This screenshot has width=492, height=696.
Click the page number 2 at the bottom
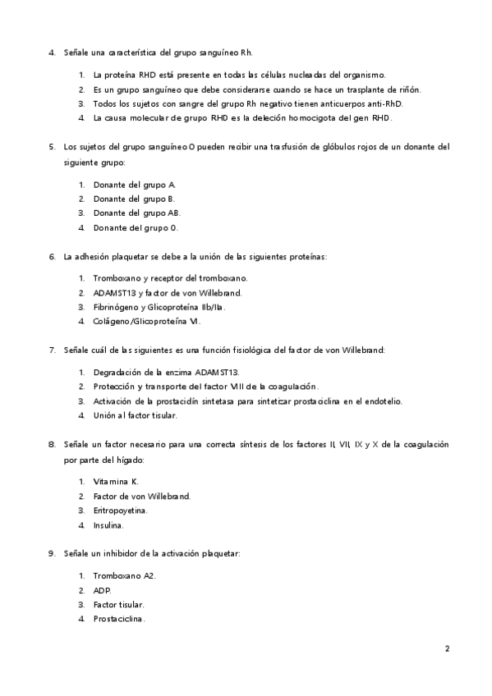click(447, 648)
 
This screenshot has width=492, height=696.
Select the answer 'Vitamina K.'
click(116, 481)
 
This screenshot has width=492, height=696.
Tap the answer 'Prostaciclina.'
click(119, 619)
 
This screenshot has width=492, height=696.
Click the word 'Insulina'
click(108, 525)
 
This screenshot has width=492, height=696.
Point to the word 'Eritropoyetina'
click(120, 511)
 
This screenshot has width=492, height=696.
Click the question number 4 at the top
click(52, 53)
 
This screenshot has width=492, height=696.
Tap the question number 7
click(52, 350)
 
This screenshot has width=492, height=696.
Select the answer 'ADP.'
click(102, 589)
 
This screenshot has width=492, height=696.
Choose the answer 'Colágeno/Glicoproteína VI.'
click(146, 322)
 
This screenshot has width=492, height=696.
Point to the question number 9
click(52, 554)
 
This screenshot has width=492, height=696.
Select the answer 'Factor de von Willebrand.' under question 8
click(141, 496)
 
